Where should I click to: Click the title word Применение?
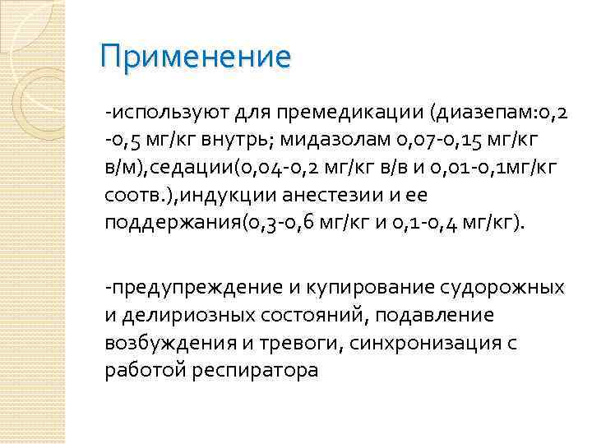(194, 58)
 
